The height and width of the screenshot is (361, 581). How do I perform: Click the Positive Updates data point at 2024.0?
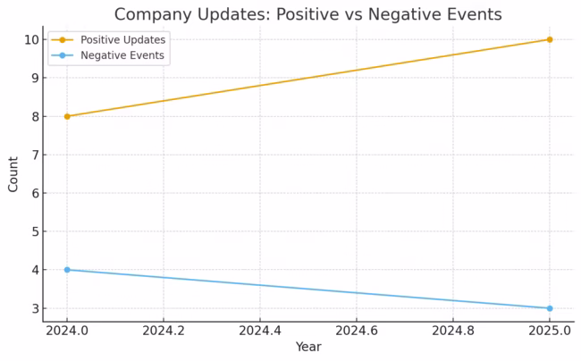pos(67,116)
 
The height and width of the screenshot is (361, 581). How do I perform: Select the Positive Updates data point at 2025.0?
pos(549,39)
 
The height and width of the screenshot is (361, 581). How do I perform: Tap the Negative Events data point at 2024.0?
pos(67,270)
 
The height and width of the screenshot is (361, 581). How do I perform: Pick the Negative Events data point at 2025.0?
pos(549,308)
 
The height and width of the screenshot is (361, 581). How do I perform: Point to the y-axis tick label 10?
pos(30,39)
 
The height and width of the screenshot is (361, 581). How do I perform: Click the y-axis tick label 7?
pos(34,155)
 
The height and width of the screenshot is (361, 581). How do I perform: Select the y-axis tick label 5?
pos(34,231)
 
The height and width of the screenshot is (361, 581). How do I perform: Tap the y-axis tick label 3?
pos(34,308)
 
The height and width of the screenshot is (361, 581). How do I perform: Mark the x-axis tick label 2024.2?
pos(164,331)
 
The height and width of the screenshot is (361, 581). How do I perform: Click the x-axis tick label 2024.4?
pos(260,331)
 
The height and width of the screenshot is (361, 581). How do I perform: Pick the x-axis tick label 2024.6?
pos(357,331)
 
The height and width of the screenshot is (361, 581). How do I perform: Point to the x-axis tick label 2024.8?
pos(452,331)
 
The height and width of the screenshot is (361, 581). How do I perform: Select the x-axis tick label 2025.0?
pos(549,331)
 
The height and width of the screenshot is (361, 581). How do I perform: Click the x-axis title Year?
pos(308,347)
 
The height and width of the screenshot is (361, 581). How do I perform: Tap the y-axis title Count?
pos(13,174)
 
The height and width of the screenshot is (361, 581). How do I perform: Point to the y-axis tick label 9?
pos(34,78)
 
